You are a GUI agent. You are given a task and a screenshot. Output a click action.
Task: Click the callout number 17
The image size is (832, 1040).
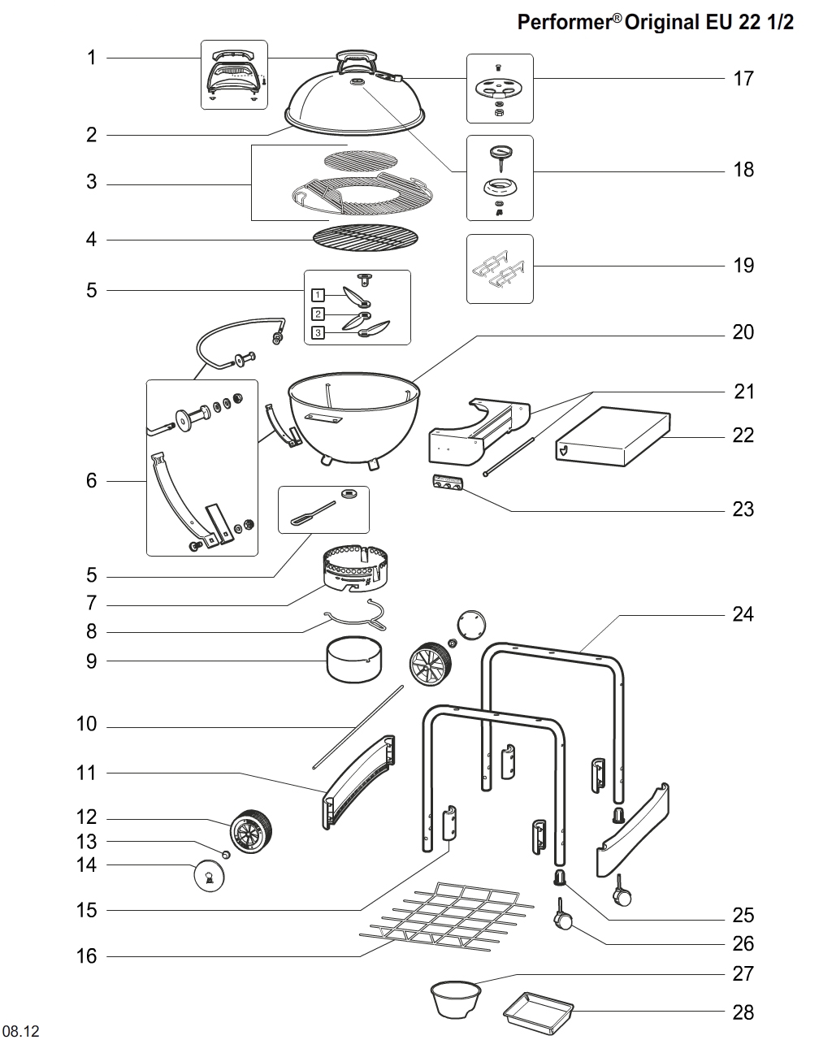click(743, 79)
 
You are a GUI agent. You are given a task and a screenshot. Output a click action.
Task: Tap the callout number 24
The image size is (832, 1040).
click(743, 614)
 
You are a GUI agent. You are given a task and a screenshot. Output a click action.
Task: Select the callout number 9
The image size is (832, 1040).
click(91, 661)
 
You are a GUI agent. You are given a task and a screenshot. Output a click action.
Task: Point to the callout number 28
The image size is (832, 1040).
click(743, 1012)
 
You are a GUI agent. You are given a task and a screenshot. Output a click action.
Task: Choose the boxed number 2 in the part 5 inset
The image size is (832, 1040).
click(318, 314)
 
